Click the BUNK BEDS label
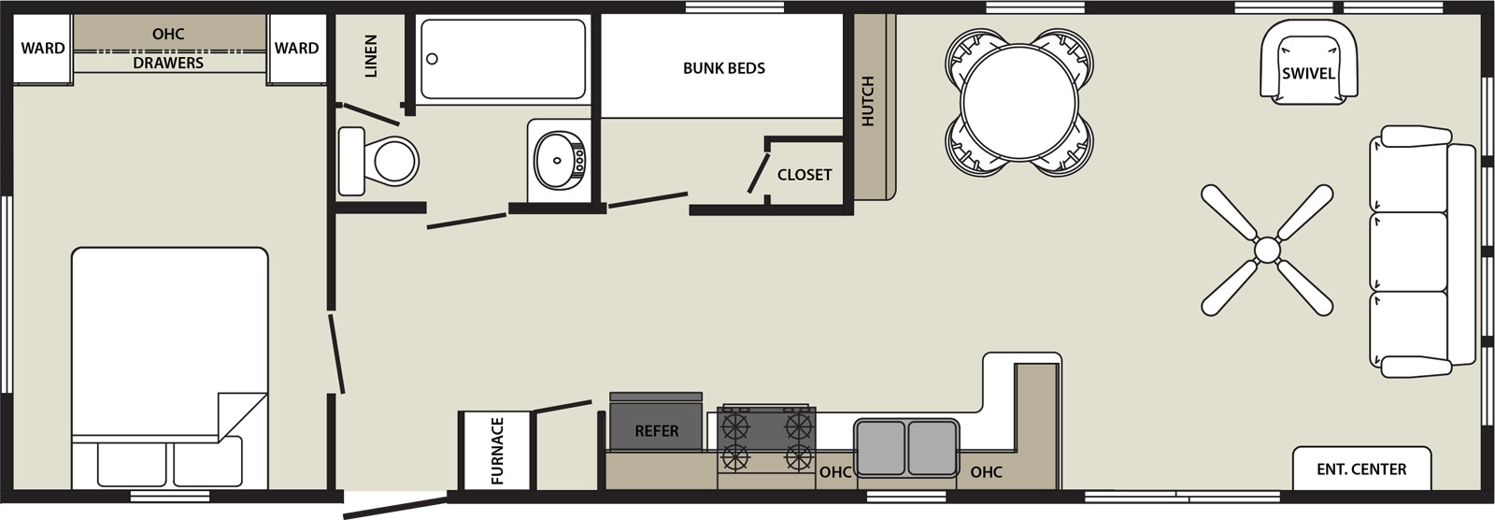coord(723,68)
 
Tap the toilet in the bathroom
coord(378,161)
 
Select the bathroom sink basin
coord(559,160)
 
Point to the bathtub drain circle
coord(432,59)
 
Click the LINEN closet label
coord(371,56)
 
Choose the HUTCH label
coord(868,101)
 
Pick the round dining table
coord(1019,102)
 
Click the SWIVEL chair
coord(1309,62)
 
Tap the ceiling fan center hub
coord(1267,250)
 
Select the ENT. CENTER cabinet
coord(1361,469)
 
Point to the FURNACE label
coord(497,451)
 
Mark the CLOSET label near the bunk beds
coord(804,175)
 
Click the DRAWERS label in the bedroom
coord(168,63)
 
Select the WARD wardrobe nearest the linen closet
coord(297,49)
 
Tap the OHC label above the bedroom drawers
coord(168,34)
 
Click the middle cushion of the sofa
coord(1408,252)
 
